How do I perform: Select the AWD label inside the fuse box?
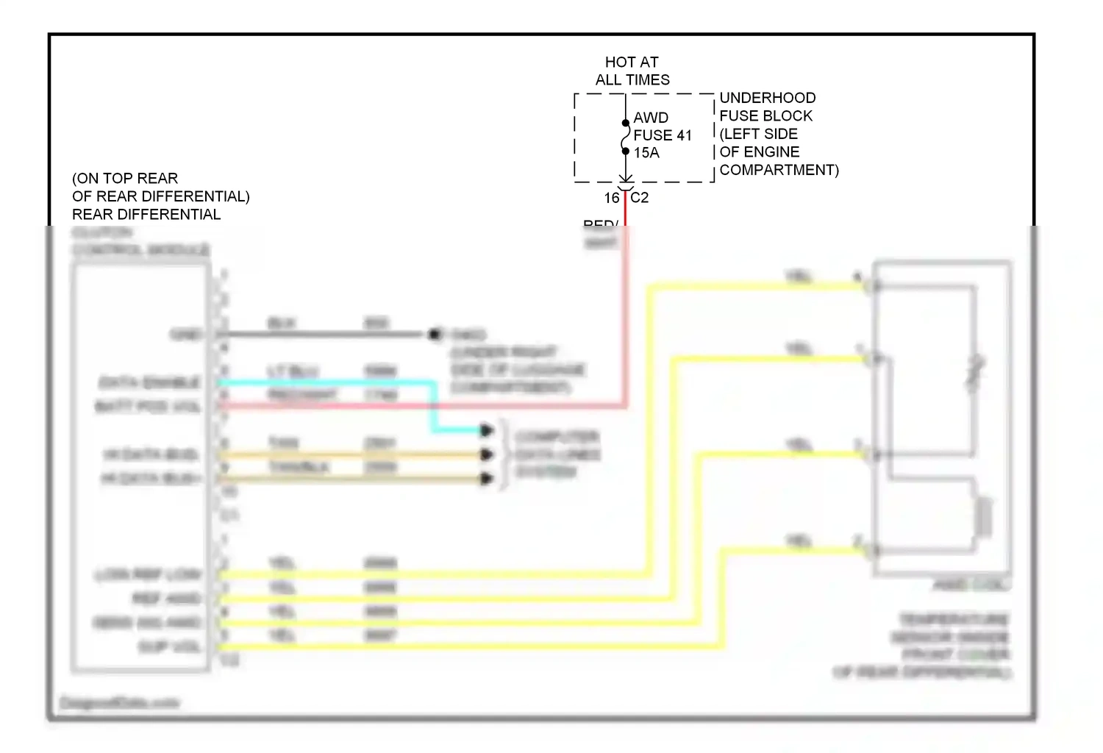651,118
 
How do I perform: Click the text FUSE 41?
663,135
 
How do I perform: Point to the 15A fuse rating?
646,153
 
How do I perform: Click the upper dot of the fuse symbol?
626,123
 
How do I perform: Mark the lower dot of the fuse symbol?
626,151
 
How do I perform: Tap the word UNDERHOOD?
767,98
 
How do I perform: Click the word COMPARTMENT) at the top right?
779,170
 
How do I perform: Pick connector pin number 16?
612,198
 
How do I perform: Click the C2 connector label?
640,198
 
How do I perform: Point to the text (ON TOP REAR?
125,179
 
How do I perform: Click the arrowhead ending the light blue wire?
486,430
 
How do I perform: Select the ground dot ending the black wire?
435,335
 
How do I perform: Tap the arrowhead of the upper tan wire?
486,454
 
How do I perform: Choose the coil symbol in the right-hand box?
984,515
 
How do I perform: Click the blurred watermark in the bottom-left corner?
119,703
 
